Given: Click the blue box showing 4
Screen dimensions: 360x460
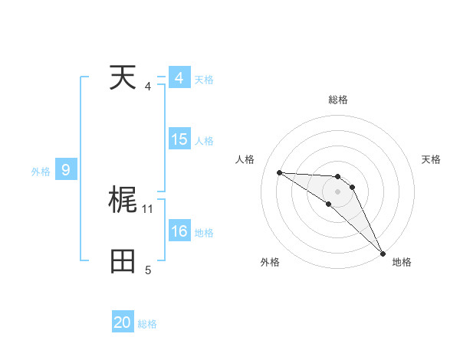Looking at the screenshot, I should (179, 78).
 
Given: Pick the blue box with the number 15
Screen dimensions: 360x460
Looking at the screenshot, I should (179, 139).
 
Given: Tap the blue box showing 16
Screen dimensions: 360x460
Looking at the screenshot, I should (179, 231).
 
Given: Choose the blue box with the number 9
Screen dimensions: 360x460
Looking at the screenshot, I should (66, 170).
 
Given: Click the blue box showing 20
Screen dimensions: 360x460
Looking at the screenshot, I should (123, 322).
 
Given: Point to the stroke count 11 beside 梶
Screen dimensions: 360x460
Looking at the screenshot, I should (148, 208).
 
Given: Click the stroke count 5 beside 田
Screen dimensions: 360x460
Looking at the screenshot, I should (148, 270).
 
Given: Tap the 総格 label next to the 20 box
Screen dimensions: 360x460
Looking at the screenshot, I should (147, 324).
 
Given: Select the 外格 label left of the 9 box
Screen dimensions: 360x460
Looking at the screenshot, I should (41, 172).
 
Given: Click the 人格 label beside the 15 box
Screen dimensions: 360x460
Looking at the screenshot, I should (204, 141).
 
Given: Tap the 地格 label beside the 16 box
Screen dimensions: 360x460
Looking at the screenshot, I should (204, 233).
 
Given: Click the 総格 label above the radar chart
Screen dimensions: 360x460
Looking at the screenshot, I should (338, 100).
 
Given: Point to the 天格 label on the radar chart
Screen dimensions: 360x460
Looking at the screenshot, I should (431, 159).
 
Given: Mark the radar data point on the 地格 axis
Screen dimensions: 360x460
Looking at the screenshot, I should (383, 252).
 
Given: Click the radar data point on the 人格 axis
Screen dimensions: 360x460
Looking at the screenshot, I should (279, 172).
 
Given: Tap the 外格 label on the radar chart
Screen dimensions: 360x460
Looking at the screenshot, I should (270, 262).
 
